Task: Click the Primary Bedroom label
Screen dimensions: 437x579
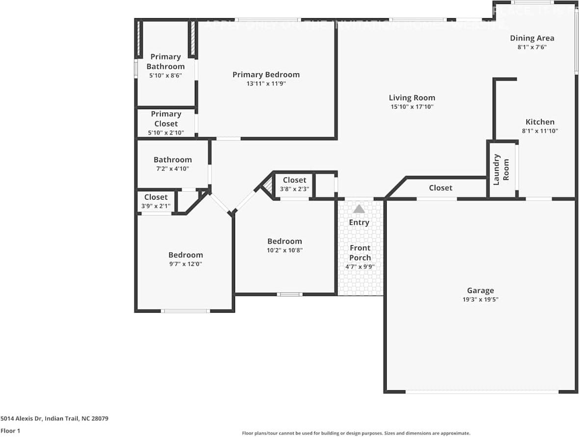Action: point(266,75)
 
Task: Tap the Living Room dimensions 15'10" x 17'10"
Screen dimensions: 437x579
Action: point(412,107)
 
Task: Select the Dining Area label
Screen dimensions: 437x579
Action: point(532,38)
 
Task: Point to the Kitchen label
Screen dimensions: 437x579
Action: point(540,122)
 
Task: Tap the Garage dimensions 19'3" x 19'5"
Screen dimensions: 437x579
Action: point(480,299)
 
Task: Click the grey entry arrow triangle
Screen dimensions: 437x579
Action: point(359,209)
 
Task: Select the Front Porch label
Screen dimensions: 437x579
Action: point(360,253)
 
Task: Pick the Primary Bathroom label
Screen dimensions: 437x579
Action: point(165,61)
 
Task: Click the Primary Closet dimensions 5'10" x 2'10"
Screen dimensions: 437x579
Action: point(165,133)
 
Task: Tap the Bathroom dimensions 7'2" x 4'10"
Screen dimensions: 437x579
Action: point(173,169)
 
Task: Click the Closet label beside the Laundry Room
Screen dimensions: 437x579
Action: point(441,188)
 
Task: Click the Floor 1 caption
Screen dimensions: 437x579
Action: point(11,431)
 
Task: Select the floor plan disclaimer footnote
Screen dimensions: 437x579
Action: point(356,433)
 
